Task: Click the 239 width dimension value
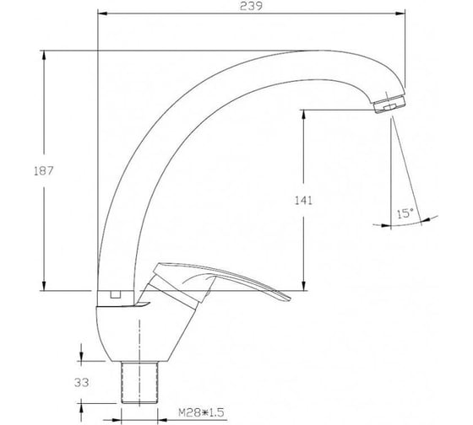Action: tap(251, 6)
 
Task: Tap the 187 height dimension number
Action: tap(43, 171)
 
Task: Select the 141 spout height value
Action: tap(303, 201)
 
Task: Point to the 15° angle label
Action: tap(405, 213)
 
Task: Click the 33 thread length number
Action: tap(81, 383)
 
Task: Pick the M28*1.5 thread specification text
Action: tap(201, 412)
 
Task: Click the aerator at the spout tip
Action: tap(389, 104)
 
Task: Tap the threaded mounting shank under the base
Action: tap(139, 382)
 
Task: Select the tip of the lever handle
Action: tap(290, 299)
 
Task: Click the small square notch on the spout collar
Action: tap(115, 294)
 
